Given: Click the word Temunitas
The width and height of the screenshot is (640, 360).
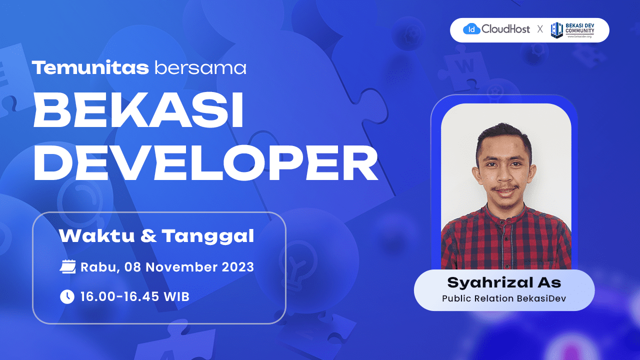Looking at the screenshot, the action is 90,67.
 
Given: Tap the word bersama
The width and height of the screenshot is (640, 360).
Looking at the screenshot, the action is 200,67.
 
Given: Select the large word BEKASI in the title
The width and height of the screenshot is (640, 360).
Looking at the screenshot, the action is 138,109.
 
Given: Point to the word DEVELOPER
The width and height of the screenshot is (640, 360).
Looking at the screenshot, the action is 206,163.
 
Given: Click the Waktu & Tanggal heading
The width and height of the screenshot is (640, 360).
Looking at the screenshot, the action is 156,236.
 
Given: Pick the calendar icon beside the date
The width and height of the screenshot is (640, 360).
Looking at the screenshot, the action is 67,267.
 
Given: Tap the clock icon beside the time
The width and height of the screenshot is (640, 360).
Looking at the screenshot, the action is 67,296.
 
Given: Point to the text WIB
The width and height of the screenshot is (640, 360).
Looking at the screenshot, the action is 176,296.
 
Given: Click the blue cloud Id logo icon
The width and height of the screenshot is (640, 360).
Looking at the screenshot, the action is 471,29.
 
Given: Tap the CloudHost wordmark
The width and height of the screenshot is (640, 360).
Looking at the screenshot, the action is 505,29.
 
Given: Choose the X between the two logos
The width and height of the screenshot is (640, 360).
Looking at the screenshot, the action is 540,29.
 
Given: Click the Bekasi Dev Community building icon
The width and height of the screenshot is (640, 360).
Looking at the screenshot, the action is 557,30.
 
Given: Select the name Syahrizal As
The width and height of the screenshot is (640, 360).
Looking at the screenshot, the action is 504,282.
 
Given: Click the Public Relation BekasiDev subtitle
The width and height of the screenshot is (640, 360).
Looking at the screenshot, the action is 504,298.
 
